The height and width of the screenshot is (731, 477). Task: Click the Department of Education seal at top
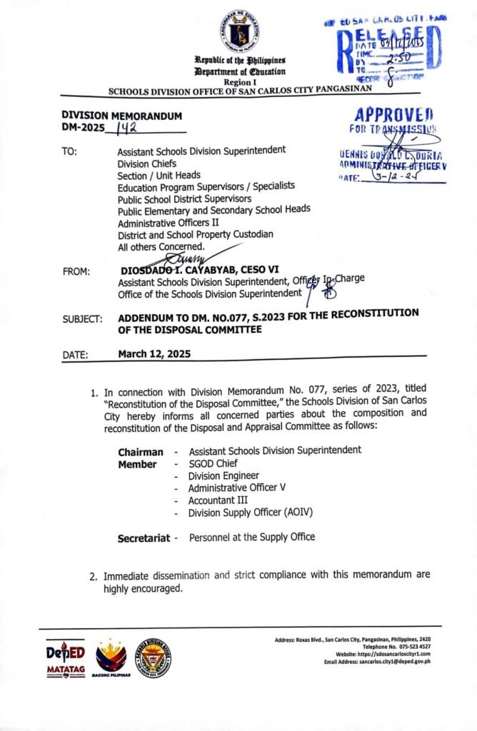pos(239,29)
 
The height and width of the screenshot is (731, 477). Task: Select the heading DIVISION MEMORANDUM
pos(121,116)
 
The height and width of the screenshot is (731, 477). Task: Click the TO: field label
pos(70,151)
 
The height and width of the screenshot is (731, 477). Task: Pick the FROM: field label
pos(76,271)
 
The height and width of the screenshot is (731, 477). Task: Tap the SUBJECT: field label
pos(81,319)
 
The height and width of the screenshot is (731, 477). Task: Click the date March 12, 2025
pos(154,353)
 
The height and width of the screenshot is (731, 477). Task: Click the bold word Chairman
pos(140,452)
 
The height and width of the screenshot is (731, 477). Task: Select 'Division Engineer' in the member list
pos(224,475)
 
